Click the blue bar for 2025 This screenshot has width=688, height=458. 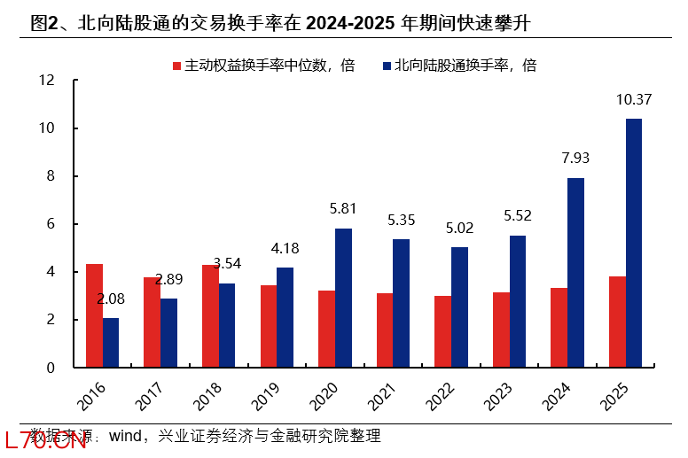pos(633,243)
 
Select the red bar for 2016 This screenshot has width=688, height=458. pos(94,315)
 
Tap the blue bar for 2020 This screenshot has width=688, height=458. pos(343,298)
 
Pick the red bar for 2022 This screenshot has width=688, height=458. pos(443,331)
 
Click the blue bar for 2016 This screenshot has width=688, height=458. pos(111,342)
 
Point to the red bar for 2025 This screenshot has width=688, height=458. pos(617,322)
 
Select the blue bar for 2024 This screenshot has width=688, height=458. pos(575,272)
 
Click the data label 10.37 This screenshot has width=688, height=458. pos(634,100)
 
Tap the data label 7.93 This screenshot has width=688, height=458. pos(575,159)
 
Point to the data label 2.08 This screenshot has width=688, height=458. pos(111,299)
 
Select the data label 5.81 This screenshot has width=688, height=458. pos(343,210)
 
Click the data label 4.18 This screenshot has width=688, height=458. pos(285,249)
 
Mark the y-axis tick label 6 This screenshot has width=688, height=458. pos(51,224)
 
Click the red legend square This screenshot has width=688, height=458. pos(176,66)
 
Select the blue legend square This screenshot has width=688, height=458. pos(387,66)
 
